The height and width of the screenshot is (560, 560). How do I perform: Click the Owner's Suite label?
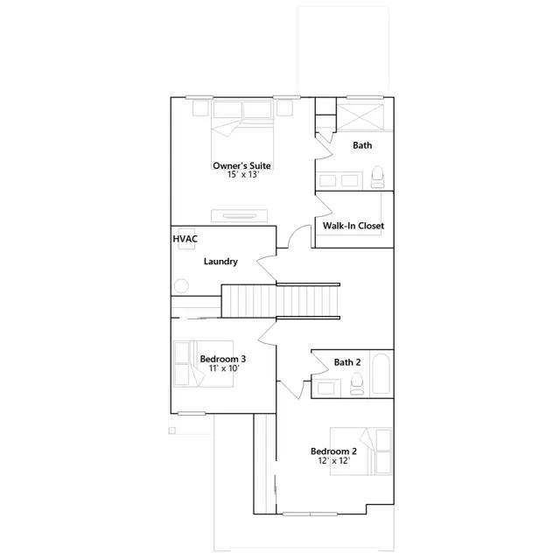pos(241,165)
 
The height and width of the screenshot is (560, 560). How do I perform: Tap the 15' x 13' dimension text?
pos(241,174)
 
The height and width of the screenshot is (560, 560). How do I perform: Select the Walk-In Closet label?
pos(353,226)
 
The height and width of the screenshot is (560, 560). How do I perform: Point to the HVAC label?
pos(184,238)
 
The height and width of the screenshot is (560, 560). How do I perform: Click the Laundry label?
pos(220,261)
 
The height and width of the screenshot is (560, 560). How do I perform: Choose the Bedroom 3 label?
pos(222,359)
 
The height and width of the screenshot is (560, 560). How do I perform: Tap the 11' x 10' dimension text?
pos(222,368)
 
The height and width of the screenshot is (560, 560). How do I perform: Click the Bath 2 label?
pos(347,362)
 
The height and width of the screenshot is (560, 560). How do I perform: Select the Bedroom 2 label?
pos(333,451)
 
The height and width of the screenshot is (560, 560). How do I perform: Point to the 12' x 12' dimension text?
pos(333,461)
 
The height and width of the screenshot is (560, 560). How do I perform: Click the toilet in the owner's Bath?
pos(377,178)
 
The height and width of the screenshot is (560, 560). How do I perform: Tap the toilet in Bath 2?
pos(356,383)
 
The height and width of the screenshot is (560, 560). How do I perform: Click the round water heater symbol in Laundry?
pos(182,286)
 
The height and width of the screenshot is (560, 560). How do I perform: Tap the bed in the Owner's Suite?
pos(242,126)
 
